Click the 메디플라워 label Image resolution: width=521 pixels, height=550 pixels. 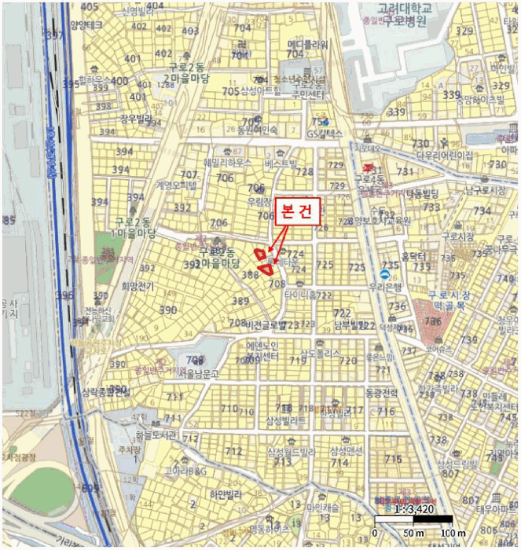pos(306,44)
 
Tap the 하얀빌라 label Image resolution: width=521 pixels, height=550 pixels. pos(224,495)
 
